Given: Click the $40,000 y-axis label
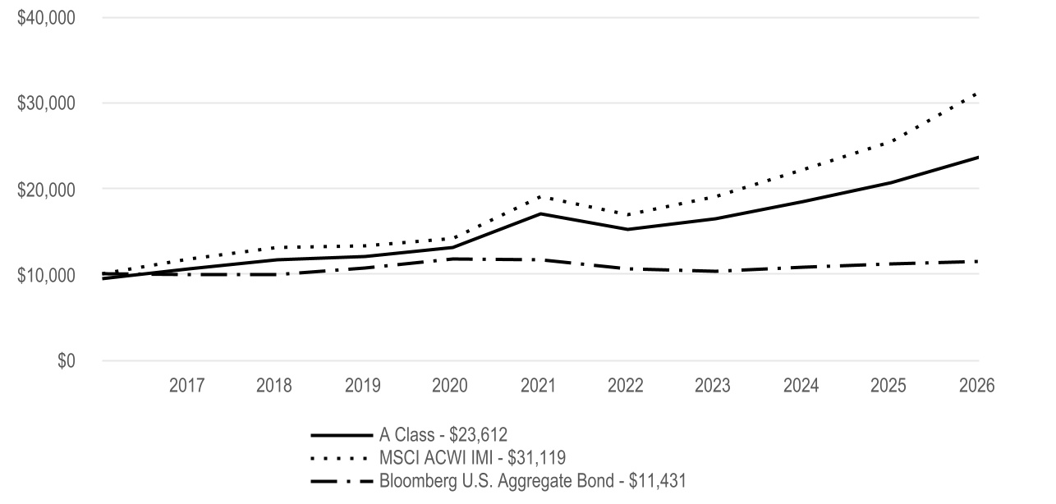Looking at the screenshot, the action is pos(46,18).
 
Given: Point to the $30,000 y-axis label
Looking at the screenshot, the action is pos(46,103).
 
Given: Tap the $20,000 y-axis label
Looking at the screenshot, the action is pos(46,190).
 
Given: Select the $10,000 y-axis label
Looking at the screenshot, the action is pos(46,275).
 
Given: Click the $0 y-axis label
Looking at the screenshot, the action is pos(67,360).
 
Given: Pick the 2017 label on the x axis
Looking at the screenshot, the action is pos(186,386).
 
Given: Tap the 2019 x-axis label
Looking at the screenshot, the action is pos(362,386).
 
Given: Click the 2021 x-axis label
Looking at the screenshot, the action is pos(538,386).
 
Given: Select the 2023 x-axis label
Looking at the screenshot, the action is pos(712,386).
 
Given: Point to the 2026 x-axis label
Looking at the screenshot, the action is pos(977,386).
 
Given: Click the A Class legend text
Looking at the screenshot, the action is pos(443,435).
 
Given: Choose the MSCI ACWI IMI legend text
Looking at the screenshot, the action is pos(472,457).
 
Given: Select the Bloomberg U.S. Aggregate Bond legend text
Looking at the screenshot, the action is pos(533,481).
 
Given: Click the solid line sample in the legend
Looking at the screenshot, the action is pos(342,435).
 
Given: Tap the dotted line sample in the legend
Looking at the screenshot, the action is pos(339,458).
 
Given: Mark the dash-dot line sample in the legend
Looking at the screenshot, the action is pos(342,481).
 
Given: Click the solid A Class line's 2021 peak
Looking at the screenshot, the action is pos(540,213).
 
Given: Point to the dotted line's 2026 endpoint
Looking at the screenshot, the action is pos(976,94).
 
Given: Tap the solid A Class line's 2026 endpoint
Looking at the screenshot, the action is pos(978,158).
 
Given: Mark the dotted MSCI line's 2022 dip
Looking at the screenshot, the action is pos(628,215).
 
